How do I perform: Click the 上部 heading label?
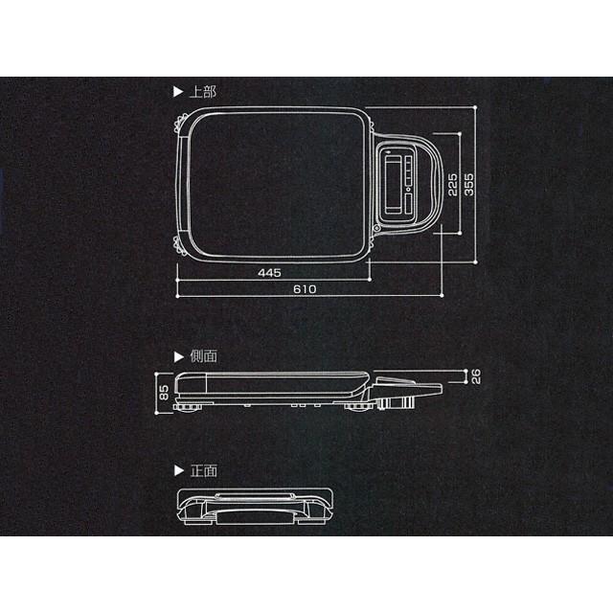203,93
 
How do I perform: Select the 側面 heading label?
203,355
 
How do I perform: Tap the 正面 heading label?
203,470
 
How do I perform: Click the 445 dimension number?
269,273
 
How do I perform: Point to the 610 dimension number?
306,288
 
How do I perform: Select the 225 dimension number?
453,183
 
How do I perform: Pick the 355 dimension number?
469,183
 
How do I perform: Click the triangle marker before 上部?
177,93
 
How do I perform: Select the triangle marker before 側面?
177,355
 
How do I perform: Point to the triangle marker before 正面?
177,470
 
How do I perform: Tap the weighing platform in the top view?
276,182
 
